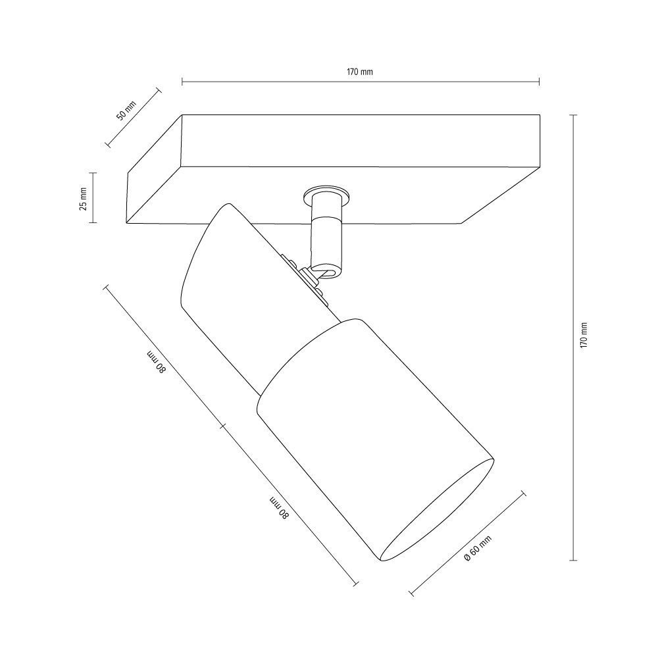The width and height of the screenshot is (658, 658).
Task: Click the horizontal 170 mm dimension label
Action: pos(360,72)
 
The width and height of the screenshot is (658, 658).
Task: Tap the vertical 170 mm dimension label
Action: pos(583,335)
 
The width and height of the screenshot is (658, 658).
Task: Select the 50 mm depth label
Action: pos(126,111)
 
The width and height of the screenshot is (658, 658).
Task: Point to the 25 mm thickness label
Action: pos(83,199)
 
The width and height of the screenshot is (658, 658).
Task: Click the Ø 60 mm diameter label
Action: pos(478,548)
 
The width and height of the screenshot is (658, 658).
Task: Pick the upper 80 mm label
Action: pos(157,361)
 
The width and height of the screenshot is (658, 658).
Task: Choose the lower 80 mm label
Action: pos(278,508)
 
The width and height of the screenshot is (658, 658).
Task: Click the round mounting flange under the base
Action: pos(327,196)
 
